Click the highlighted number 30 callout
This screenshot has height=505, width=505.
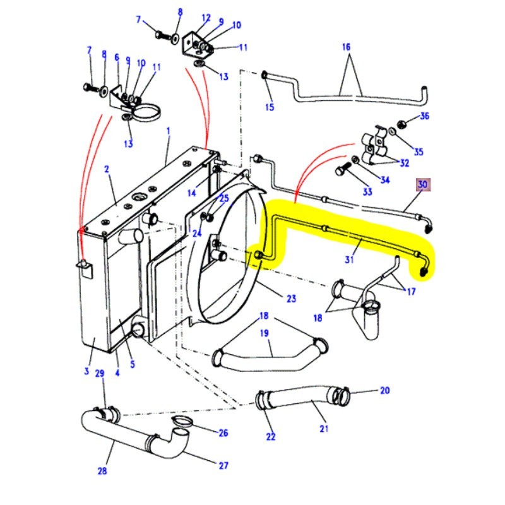coord(422,185)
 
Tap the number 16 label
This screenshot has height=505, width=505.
coord(345,47)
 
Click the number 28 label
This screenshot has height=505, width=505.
coord(102,470)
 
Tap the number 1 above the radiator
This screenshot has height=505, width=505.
coord(169,131)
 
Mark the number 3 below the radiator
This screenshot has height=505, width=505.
coord(86,371)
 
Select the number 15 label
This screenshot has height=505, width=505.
coord(270,107)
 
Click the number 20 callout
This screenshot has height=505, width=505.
coord(384,391)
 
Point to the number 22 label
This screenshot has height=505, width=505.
coord(271,437)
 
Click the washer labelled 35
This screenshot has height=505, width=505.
coord(393,132)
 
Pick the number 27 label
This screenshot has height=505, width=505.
coord(223,466)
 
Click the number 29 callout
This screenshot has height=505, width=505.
coord(99,374)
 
